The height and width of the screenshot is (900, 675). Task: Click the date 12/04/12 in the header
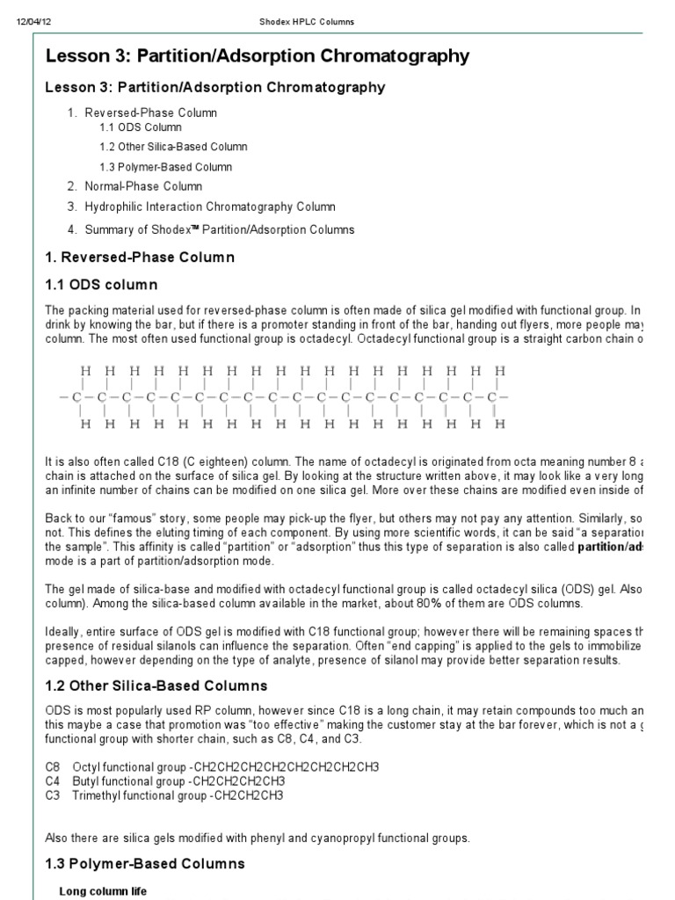tap(31, 21)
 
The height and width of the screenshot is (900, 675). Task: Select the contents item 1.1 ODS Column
tap(140, 127)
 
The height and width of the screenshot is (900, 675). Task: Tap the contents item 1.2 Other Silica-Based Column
tap(173, 147)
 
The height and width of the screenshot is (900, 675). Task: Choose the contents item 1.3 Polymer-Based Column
tap(165, 166)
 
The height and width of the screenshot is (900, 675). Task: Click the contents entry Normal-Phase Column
tap(143, 186)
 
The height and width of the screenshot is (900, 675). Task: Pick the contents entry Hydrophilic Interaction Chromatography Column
tap(210, 207)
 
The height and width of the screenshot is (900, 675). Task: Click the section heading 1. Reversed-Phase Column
tap(140, 258)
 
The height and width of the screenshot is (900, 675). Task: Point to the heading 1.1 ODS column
tap(100, 285)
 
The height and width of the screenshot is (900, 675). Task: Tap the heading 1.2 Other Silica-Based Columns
tap(156, 686)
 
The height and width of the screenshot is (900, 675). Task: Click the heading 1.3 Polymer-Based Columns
tap(145, 864)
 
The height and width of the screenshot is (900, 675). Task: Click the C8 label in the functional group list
tap(53, 767)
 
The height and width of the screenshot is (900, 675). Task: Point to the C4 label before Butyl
tap(53, 781)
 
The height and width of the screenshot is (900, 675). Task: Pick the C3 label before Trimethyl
tap(53, 795)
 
